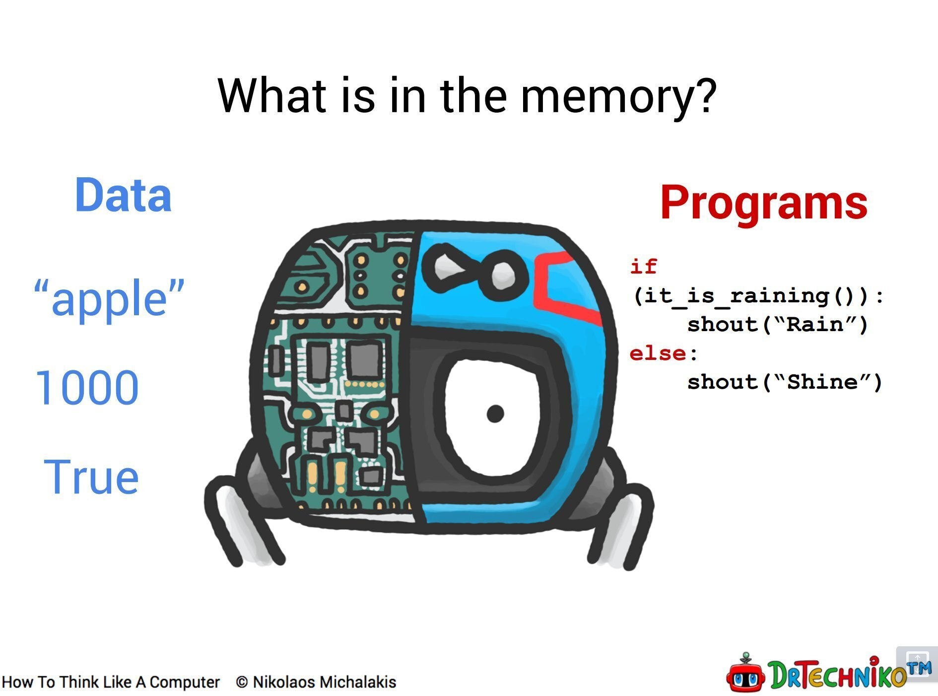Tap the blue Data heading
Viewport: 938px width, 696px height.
coord(123,195)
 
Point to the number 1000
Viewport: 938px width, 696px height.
coord(87,387)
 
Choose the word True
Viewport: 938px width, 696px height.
coord(91,477)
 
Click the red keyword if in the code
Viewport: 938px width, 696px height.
coord(643,267)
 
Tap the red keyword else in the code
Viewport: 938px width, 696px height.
coord(658,353)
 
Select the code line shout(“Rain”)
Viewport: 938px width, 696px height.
coord(778,325)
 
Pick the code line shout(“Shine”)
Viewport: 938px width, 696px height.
coord(785,382)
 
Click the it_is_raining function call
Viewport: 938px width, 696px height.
coord(758,296)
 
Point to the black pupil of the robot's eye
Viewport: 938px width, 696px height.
coord(495,413)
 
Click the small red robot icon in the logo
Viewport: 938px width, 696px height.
coord(746,673)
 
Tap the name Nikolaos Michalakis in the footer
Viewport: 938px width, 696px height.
coord(325,682)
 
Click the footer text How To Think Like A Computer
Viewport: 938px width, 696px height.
coord(111,682)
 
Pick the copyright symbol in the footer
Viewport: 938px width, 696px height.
coord(242,682)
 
